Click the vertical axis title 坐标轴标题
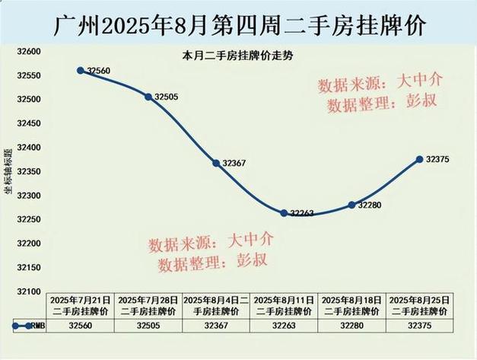point(8,172)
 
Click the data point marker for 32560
point(81,70)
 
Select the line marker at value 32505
point(148,97)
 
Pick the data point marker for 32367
point(216,163)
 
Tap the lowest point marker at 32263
point(284,213)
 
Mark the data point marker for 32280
point(351,205)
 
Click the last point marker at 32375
point(419,159)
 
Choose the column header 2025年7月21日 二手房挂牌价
point(81,306)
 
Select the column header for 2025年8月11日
point(284,306)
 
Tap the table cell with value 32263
point(284,325)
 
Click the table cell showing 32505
point(148,325)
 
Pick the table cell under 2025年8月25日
point(419,325)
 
